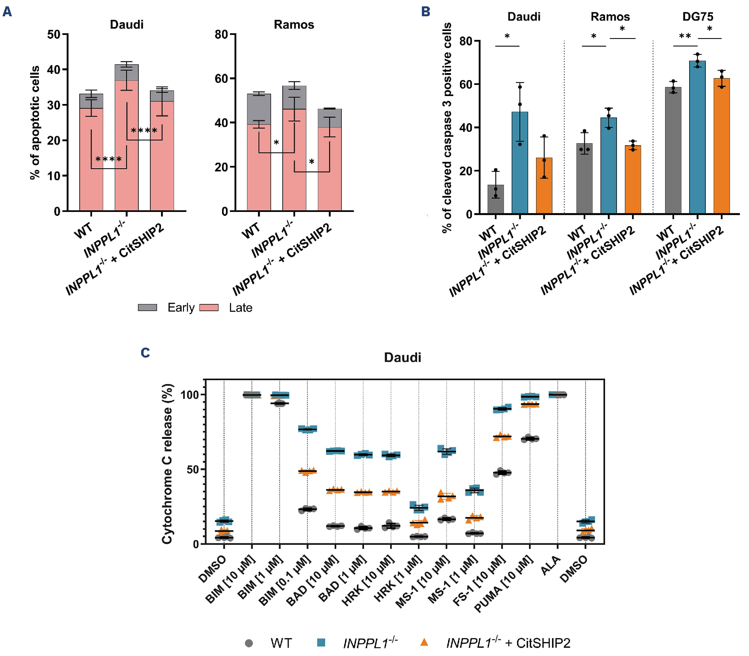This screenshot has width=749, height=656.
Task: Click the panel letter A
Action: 7,12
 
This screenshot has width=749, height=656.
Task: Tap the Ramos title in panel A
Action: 294,25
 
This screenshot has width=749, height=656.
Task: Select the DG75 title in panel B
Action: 697,17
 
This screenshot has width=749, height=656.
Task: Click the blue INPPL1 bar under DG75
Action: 697,137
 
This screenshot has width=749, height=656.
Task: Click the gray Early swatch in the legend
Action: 148,308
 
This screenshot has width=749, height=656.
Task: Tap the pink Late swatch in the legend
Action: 209,308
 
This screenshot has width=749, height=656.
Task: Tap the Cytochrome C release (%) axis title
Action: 167,464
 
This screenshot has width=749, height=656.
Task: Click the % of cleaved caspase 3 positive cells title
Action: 447,127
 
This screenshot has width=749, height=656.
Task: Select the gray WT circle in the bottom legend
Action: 249,643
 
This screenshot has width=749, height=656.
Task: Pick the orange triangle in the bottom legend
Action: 424,643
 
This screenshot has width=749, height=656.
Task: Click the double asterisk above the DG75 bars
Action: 685,37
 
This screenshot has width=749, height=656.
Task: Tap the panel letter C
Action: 146,353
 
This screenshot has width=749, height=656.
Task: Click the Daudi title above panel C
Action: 402,358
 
